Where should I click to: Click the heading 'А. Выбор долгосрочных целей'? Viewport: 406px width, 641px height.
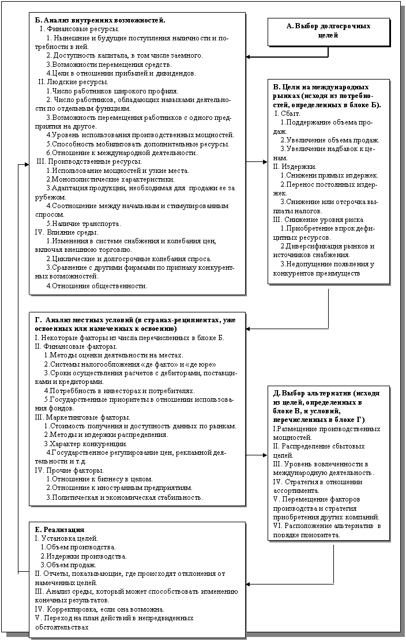[x=328, y=31]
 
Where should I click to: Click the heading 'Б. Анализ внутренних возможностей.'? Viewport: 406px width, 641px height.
[x=100, y=20]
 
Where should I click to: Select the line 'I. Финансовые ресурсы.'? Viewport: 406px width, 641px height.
[x=80, y=28]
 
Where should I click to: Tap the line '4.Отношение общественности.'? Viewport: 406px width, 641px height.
[x=96, y=285]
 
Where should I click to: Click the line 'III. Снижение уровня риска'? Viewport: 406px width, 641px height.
[x=311, y=220]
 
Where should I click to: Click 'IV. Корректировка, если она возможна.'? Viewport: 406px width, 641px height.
[x=99, y=609]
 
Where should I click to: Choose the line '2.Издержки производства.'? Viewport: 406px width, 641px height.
[x=84, y=556]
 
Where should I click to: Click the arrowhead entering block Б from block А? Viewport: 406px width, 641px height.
[x=247, y=57]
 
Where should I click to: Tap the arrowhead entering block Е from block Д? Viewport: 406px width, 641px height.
[x=247, y=583]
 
